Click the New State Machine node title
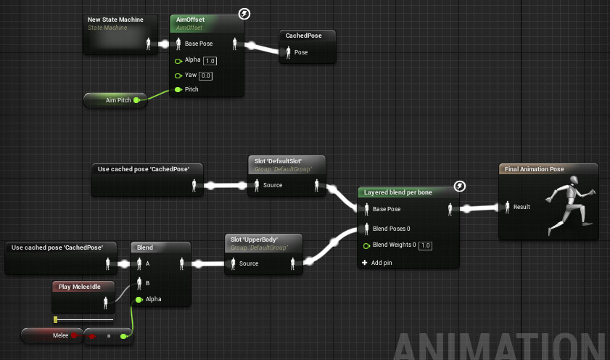pyautogui.click(x=115, y=20)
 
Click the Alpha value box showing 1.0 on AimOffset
pyautogui.click(x=210, y=60)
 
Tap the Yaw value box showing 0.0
pyautogui.click(x=205, y=75)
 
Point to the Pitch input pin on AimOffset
pyautogui.click(x=178, y=89)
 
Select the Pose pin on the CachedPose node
pyautogui.click(x=287, y=52)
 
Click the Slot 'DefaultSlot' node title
pyautogui.click(x=276, y=160)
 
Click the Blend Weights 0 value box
pyautogui.click(x=426, y=245)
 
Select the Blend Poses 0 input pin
pyautogui.click(x=367, y=229)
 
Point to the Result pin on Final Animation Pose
pyautogui.click(x=507, y=207)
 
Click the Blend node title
pyautogui.click(x=145, y=247)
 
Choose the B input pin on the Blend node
pyautogui.click(x=139, y=282)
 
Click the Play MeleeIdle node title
pyautogui.click(x=81, y=287)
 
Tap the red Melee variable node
pyautogui.click(x=50, y=335)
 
